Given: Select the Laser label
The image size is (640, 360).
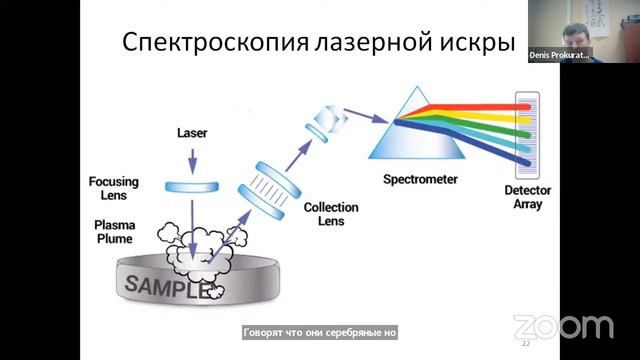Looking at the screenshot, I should [x=192, y=132].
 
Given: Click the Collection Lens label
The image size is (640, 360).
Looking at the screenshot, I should [x=324, y=213].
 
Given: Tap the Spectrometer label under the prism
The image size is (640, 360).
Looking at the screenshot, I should [x=420, y=180].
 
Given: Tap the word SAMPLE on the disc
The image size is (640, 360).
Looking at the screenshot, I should [x=165, y=286].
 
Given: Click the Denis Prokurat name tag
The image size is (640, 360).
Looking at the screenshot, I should [x=559, y=54].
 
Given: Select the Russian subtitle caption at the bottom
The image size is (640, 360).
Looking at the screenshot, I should [x=320, y=332].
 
